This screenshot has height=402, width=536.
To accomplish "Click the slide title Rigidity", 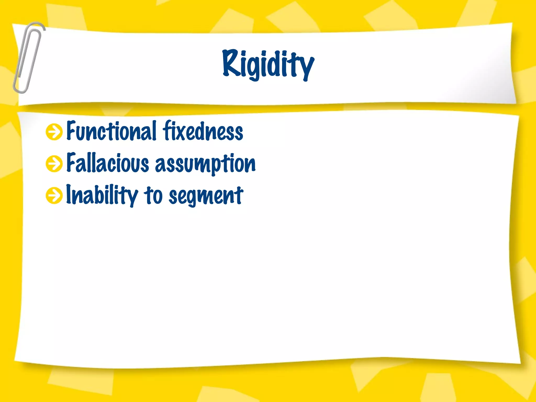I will (x=268, y=64).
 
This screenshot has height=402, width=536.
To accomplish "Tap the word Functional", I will (x=111, y=131).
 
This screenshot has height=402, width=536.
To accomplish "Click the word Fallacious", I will (x=108, y=163).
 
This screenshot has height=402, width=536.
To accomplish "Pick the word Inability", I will (x=102, y=195).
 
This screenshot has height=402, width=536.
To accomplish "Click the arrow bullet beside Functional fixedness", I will (x=54, y=132).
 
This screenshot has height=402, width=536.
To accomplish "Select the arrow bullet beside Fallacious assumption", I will (x=54, y=164).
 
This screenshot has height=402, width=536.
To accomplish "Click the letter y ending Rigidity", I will (x=306, y=67).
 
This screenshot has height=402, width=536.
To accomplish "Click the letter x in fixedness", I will (x=182, y=132).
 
